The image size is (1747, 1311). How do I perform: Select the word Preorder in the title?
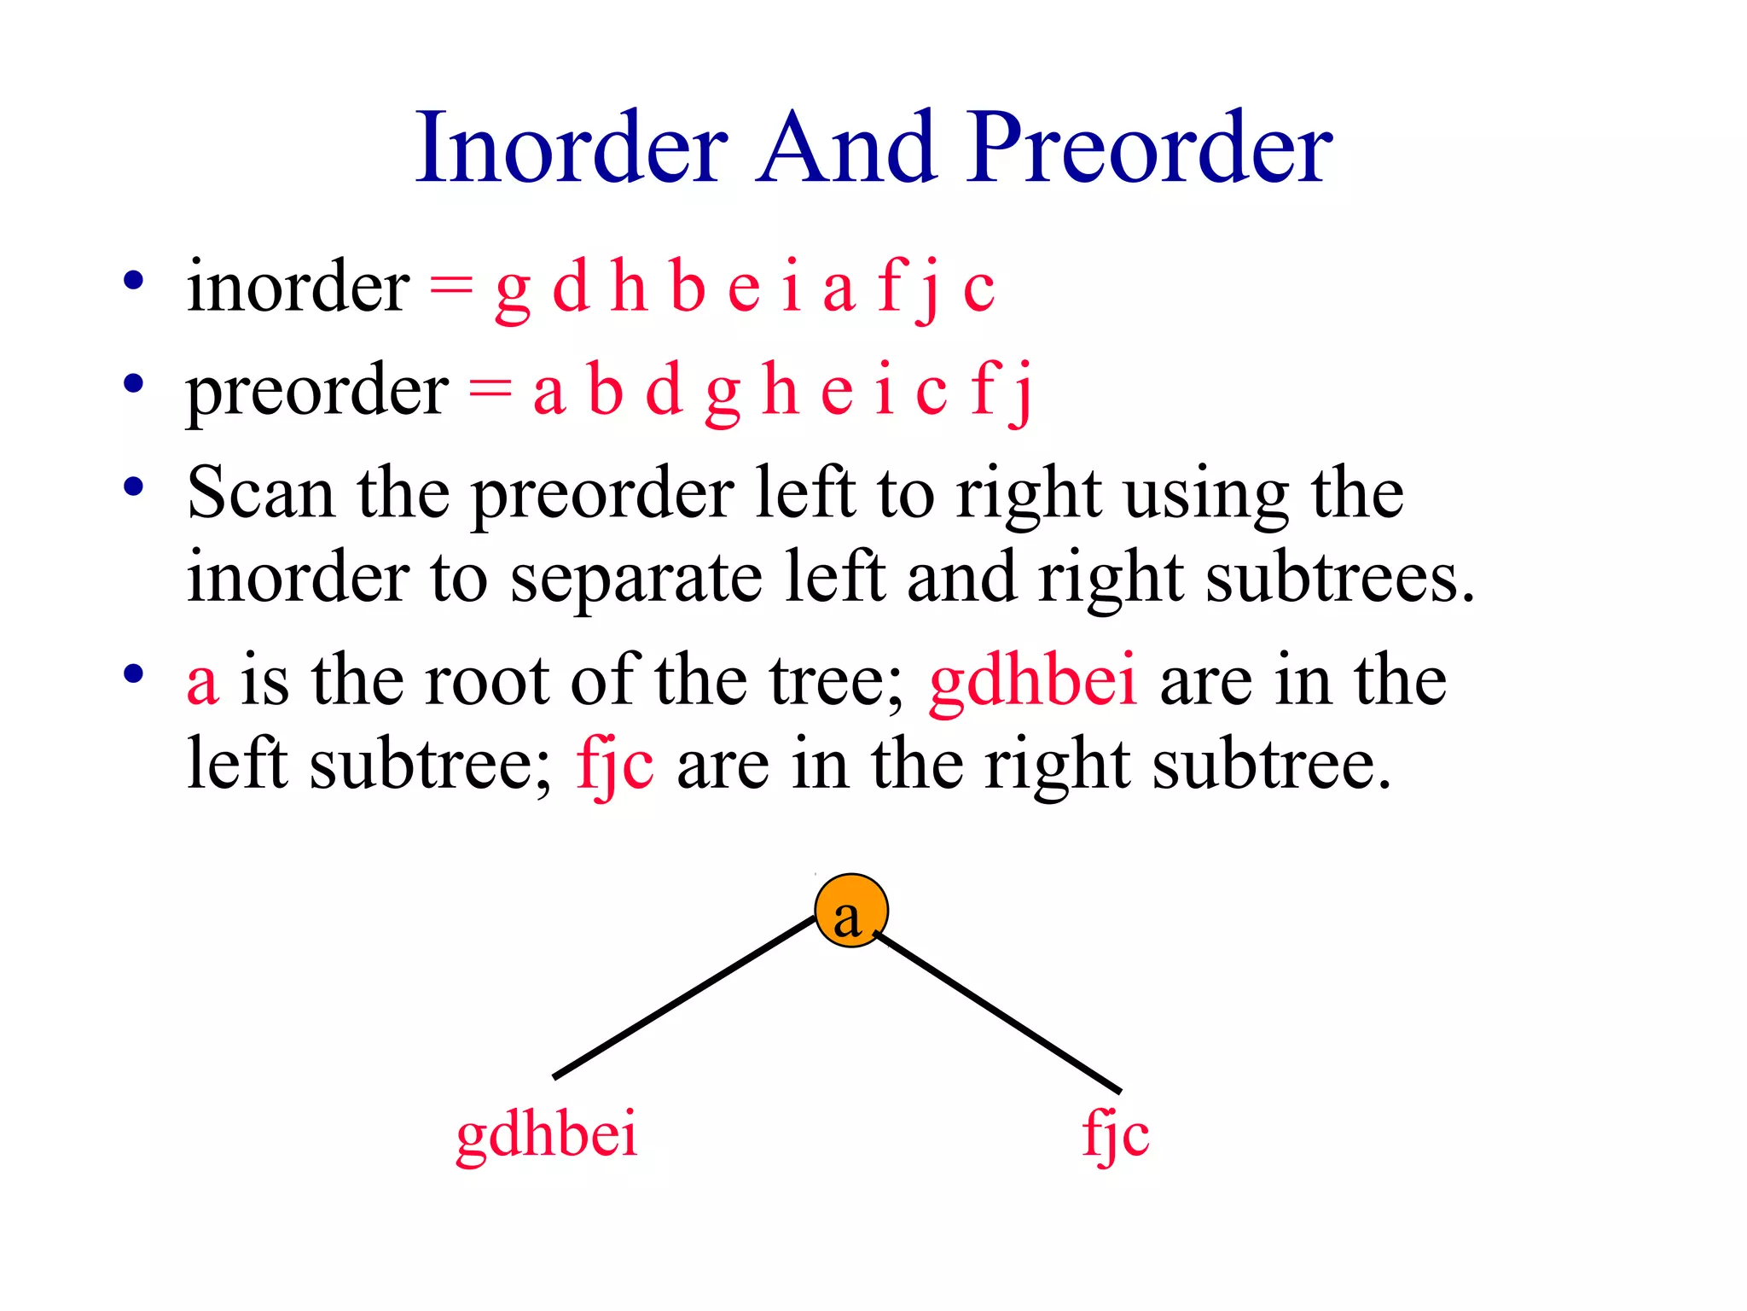[1149, 149]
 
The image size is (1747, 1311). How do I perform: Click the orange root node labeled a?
[850, 912]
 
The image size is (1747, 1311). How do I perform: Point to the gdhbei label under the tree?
[547, 1135]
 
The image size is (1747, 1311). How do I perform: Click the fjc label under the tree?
[1115, 1135]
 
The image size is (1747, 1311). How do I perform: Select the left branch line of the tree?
[684, 997]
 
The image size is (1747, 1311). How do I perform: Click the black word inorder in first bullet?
[298, 287]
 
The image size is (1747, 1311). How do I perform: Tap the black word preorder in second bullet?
[316, 391]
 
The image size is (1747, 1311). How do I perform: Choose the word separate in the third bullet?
[636, 579]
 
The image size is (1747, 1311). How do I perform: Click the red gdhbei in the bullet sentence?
[1033, 681]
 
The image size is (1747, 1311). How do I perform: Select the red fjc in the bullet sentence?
[615, 765]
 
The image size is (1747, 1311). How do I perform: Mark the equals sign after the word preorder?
[490, 391]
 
